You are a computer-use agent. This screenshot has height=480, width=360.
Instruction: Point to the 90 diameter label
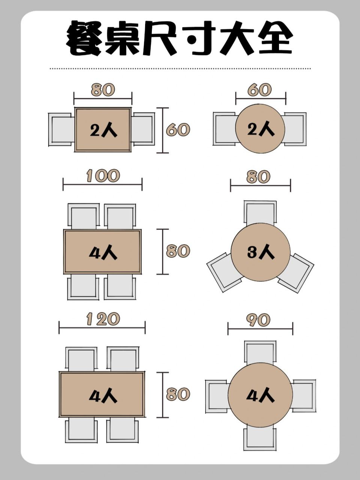tap(259, 320)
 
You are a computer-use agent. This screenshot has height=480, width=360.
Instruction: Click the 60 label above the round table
tap(259, 90)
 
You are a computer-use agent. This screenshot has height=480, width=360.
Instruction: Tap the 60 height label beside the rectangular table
tap(178, 130)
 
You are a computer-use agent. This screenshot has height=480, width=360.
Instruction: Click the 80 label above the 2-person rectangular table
tap(103, 90)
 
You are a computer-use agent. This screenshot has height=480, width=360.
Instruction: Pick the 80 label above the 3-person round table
tap(259, 177)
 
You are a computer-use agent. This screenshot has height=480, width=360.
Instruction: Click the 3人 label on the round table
tap(261, 252)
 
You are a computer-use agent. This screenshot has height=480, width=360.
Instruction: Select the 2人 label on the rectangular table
tap(103, 130)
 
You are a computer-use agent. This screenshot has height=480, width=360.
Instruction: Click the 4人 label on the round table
tap(261, 395)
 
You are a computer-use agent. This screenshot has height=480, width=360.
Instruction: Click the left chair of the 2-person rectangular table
tap(61, 129)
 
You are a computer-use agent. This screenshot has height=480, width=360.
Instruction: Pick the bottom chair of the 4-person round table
tap(260, 438)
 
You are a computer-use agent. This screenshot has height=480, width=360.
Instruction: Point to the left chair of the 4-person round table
tap(216, 396)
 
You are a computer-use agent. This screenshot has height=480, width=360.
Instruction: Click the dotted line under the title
tap(180, 69)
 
